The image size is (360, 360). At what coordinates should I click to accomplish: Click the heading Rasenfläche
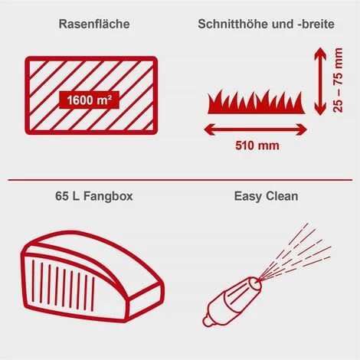pyautogui.click(x=93, y=24)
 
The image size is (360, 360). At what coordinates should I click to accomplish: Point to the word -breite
pyautogui.click(x=310, y=24)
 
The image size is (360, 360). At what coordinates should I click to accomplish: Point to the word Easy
pyautogui.click(x=249, y=197)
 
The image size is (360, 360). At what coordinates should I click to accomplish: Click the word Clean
pyautogui.click(x=282, y=197)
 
